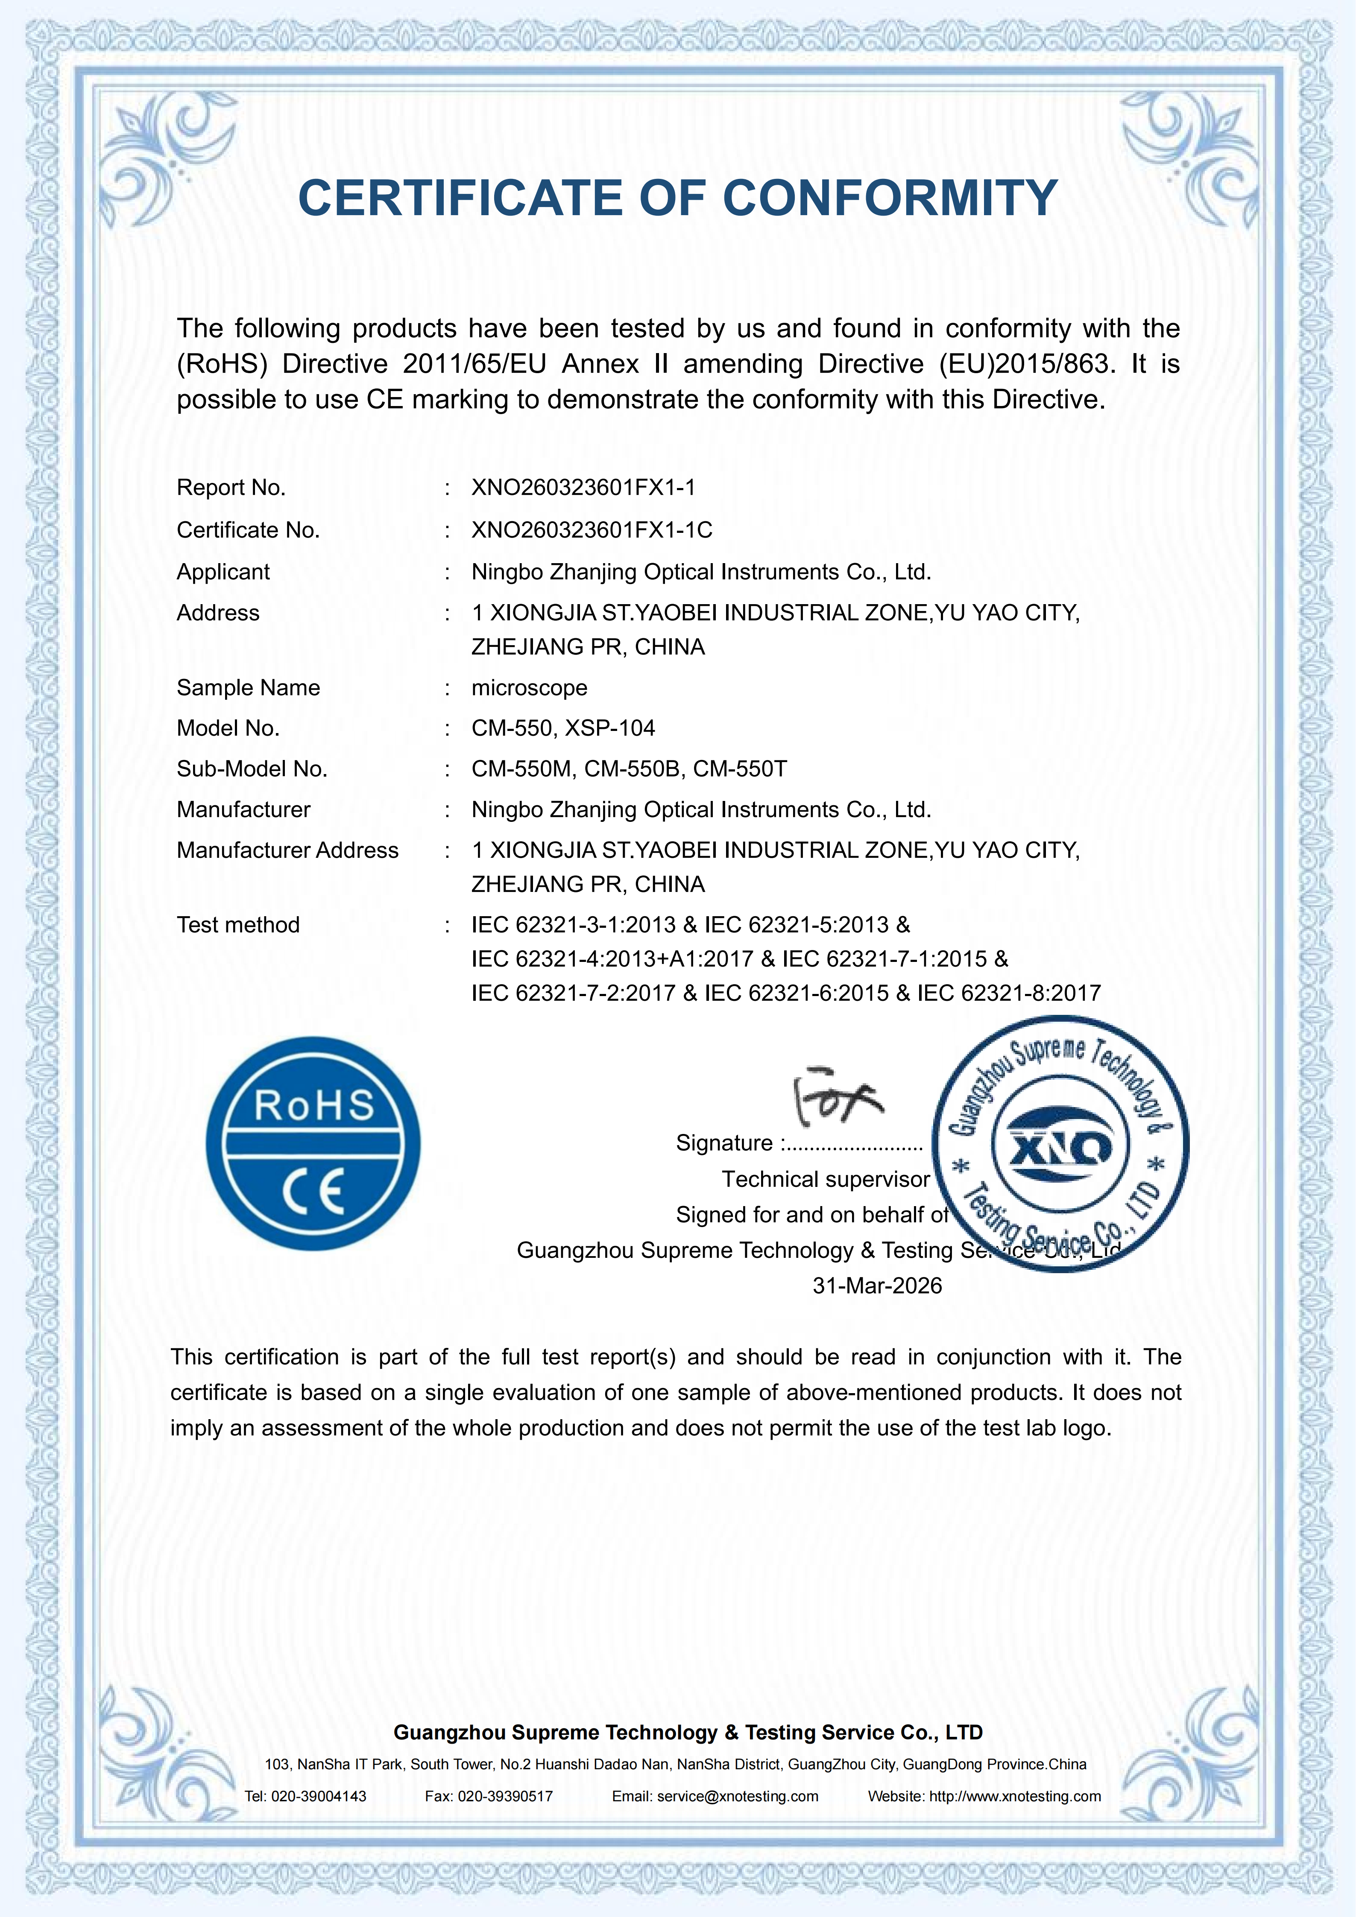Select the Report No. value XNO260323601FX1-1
[x=583, y=488]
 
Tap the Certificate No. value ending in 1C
[x=591, y=530]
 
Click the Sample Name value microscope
[x=530, y=688]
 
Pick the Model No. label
[x=228, y=728]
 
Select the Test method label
[x=238, y=925]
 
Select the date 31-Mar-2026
[x=877, y=1286]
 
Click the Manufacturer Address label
[x=287, y=851]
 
